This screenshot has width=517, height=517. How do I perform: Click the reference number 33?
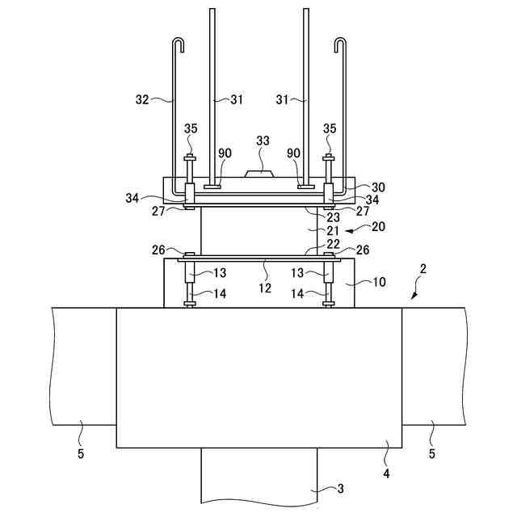click(263, 141)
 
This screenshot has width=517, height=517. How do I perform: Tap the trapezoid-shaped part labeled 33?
click(258, 174)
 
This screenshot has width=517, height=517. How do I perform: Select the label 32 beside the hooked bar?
click(142, 99)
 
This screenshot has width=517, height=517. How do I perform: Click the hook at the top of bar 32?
click(178, 44)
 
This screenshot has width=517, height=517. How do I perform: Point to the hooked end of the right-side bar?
click(341, 44)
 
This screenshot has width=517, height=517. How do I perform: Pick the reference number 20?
click(378, 227)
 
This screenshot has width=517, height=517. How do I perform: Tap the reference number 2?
click(423, 269)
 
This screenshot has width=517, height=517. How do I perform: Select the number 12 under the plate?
click(265, 288)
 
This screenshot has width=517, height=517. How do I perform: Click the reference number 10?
click(379, 282)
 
